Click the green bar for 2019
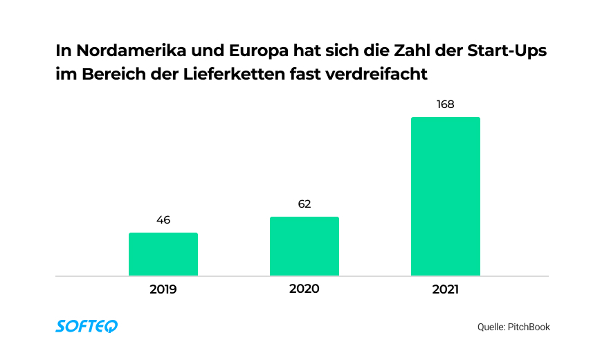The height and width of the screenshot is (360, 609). click(163, 254)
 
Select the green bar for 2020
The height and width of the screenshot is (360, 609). click(304, 246)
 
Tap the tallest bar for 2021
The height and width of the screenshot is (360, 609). click(446, 197)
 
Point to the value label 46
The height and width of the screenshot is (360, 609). click(163, 220)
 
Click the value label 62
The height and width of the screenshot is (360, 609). click(304, 204)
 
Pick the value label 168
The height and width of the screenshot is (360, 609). click(446, 105)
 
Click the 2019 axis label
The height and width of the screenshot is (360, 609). click(163, 289)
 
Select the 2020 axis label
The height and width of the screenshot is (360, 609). click(304, 289)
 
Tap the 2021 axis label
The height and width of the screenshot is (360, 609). click(446, 289)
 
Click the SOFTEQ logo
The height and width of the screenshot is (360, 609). click(87, 326)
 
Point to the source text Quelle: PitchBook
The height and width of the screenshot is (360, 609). click(513, 327)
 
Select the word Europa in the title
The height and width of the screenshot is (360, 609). click(244, 52)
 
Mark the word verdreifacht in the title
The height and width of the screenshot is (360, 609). click(387, 74)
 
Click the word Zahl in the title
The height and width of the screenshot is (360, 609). click(404, 52)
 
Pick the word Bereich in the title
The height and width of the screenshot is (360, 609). click(109, 74)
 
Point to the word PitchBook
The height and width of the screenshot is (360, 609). click(529, 327)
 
